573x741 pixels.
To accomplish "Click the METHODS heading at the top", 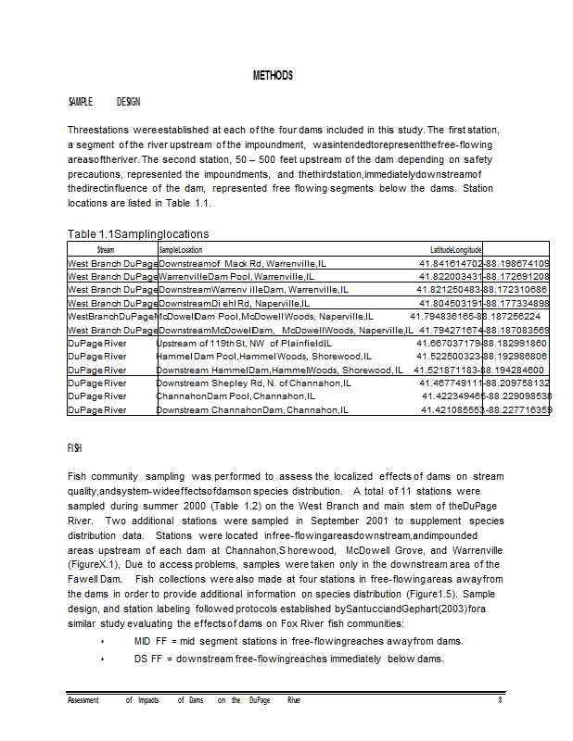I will click(273, 75).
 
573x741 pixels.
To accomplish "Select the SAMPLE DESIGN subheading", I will click(104, 101).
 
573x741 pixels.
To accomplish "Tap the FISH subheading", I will click(75, 447).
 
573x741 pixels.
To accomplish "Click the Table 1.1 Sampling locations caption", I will click(138, 233).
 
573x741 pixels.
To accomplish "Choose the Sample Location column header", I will click(181, 250).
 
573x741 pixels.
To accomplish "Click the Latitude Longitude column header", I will click(455, 250).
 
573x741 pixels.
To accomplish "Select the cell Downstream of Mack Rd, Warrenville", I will click(238, 264).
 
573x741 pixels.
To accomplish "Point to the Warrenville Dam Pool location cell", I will click(236, 277).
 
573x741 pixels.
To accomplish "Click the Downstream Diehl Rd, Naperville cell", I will click(234, 303).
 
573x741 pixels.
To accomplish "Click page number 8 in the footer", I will click(500, 700).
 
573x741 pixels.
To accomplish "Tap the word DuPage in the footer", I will click(260, 700).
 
